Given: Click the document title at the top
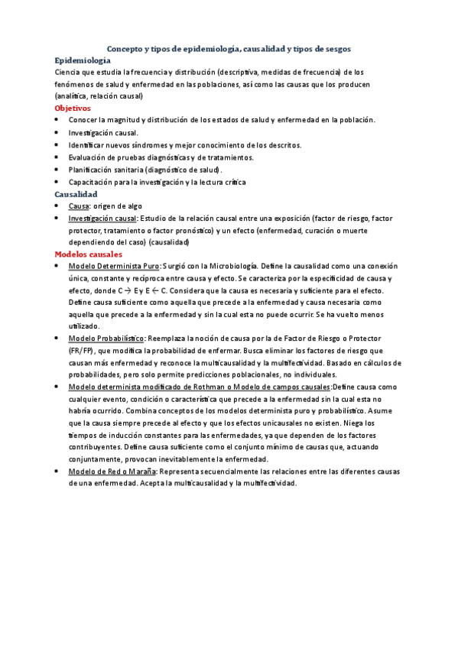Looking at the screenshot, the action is pyautogui.click(x=229, y=48).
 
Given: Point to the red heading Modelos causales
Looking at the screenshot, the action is pyautogui.click(x=89, y=254).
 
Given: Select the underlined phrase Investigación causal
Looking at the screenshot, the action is pyautogui.click(x=97, y=219).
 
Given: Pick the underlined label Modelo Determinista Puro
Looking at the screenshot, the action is pyautogui.click(x=114, y=266).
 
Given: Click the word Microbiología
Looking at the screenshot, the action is pyautogui.click(x=233, y=266).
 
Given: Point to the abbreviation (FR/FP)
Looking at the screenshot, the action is pyautogui.click(x=81, y=350).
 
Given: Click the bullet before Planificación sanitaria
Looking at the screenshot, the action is pyautogui.click(x=59, y=170).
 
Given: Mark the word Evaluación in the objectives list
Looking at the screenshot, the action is pyautogui.click(x=87, y=157).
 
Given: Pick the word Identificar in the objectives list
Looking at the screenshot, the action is pyautogui.click(x=87, y=145).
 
